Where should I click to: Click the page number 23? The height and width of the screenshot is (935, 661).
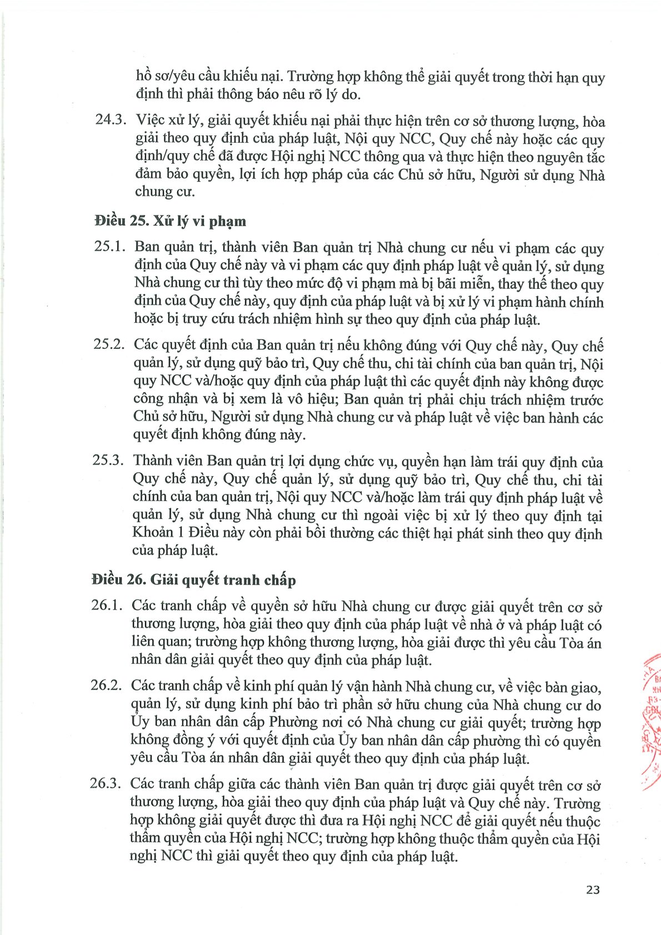coord(593,889)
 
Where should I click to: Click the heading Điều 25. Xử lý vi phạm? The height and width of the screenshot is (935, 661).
coord(170,221)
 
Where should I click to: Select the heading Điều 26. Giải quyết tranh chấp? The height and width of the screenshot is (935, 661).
coord(193,580)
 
